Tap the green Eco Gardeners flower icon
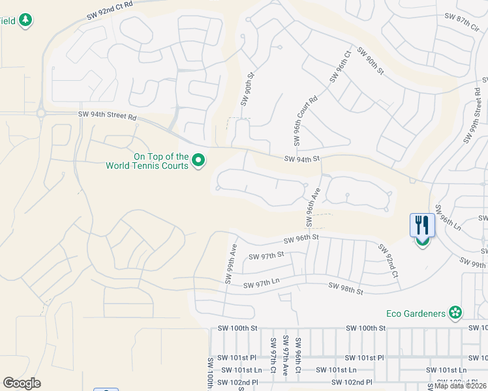pos(455,313)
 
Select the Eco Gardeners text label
pos(415,313)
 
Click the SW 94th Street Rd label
pos(107,116)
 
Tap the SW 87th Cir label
pos(461,22)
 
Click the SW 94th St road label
pos(303,158)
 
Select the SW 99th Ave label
pos(230,264)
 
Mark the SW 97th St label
pos(268,255)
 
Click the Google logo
pos(22,383)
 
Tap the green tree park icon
pos(25,21)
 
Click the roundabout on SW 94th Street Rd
pos(41,113)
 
